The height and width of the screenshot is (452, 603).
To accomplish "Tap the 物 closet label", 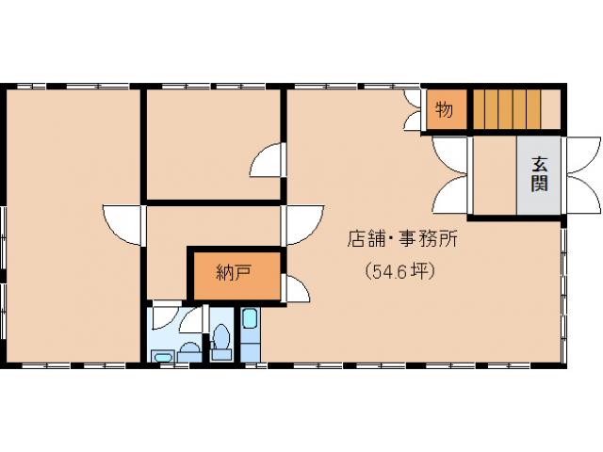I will [443, 110].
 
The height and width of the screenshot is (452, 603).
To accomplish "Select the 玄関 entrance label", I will [539, 172].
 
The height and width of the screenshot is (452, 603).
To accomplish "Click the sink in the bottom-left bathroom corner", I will [161, 356].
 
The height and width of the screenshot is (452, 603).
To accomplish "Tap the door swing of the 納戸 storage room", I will [295, 288].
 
